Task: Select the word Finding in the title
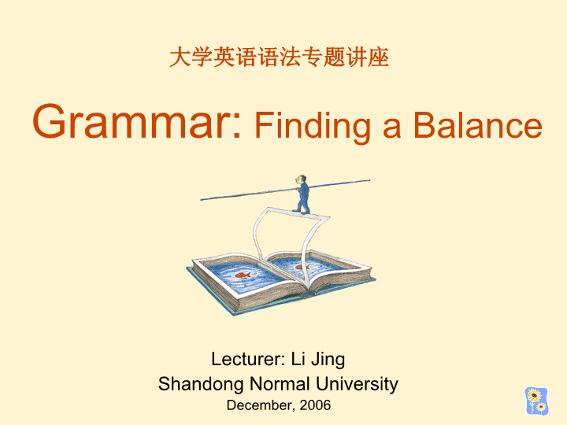pyautogui.click(x=313, y=127)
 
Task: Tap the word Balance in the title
pyautogui.click(x=478, y=125)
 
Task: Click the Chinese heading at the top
pyautogui.click(x=279, y=57)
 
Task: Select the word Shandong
pyautogui.click(x=201, y=385)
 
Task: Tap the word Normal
pyautogui.click(x=280, y=383)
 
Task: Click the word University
pyautogui.click(x=357, y=385)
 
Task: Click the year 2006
pyautogui.click(x=315, y=405)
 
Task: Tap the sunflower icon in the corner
pyautogui.click(x=536, y=401)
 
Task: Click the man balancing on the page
pyautogui.click(x=302, y=195)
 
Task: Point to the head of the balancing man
pyautogui.click(x=301, y=179)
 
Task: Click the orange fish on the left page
pyautogui.click(x=243, y=275)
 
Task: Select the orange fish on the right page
pyautogui.click(x=302, y=267)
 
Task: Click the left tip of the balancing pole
pyautogui.click(x=201, y=199)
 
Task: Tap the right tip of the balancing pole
pyautogui.click(x=369, y=179)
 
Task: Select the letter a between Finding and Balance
pyautogui.click(x=391, y=128)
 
